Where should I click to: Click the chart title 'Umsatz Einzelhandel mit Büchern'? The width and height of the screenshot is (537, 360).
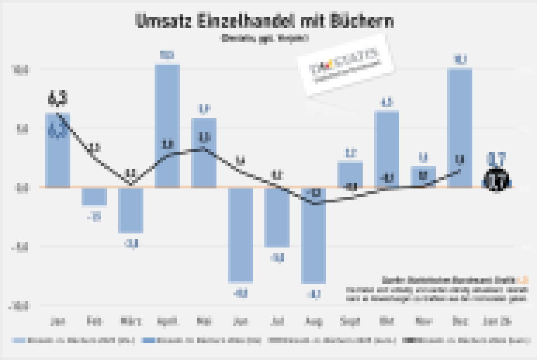click(264, 21)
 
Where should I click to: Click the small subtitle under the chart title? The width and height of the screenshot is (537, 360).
click(264, 39)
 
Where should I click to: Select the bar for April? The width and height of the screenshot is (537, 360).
click(167, 125)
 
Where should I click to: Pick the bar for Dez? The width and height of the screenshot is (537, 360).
click(460, 127)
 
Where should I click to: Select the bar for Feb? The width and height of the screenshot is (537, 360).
click(94, 196)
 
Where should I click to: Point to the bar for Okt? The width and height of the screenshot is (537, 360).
click(387, 148)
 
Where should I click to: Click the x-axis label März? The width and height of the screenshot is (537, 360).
click(130, 322)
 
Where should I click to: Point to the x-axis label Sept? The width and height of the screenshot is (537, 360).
click(350, 322)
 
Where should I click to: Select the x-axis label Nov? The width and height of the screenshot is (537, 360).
click(423, 322)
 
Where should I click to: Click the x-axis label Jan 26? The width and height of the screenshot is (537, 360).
click(497, 322)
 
